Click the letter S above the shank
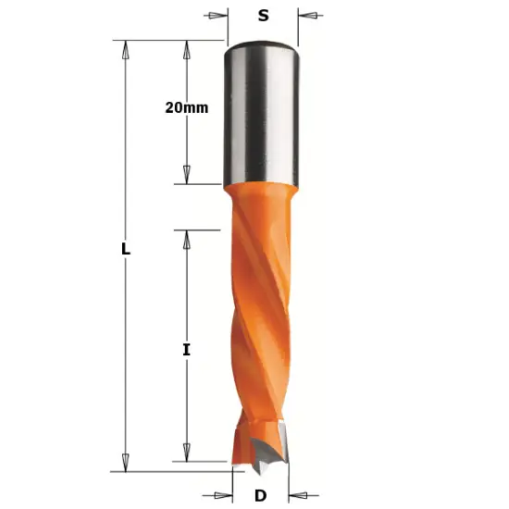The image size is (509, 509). [x=263, y=16]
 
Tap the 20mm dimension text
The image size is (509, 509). [x=187, y=107]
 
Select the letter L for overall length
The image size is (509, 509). [x=125, y=250]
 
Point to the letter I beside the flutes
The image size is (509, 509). [x=186, y=350]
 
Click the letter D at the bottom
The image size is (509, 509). [x=260, y=496]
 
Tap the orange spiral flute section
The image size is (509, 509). [x=260, y=305]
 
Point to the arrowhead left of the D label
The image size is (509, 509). [x=223, y=496]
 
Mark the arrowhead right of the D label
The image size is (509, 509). [x=296, y=496]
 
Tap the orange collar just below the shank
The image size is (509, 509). [x=262, y=194]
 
